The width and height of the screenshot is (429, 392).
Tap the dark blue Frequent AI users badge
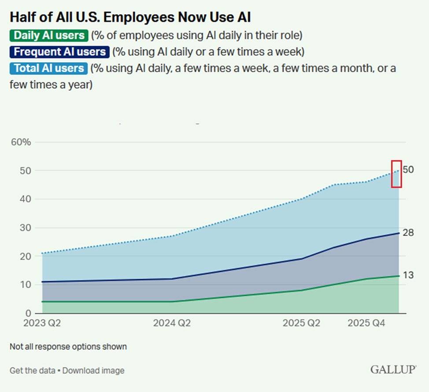(60, 52)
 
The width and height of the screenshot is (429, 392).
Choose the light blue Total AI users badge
(49, 68)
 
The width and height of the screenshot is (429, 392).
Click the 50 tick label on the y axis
(26, 170)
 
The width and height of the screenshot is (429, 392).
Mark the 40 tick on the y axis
(26, 199)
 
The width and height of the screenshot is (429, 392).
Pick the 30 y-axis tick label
(26, 228)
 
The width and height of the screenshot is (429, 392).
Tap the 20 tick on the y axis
(26, 256)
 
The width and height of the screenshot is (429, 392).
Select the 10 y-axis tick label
(26, 285)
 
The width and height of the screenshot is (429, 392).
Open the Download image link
(93, 370)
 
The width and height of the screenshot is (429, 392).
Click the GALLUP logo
(393, 370)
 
